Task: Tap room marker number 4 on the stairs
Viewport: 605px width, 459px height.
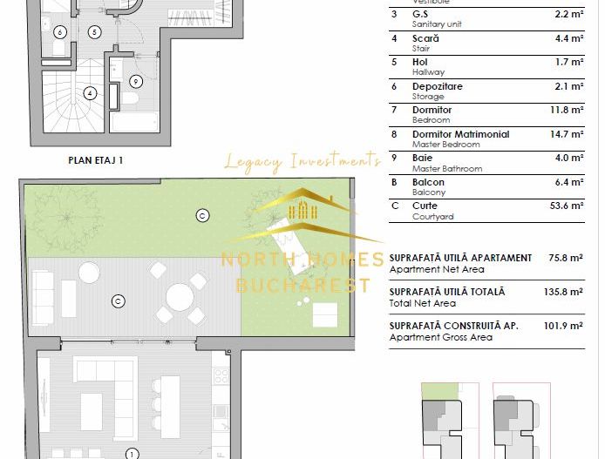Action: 89,93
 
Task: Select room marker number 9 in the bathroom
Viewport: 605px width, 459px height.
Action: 135,81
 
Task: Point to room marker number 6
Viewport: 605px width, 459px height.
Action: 59,32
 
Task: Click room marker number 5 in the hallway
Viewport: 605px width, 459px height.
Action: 94,31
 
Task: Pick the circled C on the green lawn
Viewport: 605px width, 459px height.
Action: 202,213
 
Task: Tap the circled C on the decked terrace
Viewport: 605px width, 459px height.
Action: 117,301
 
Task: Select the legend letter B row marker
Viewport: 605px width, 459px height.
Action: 393,182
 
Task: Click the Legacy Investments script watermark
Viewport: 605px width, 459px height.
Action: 302,159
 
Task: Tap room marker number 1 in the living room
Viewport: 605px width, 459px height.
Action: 131,453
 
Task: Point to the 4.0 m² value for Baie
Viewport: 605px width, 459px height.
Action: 570,158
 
